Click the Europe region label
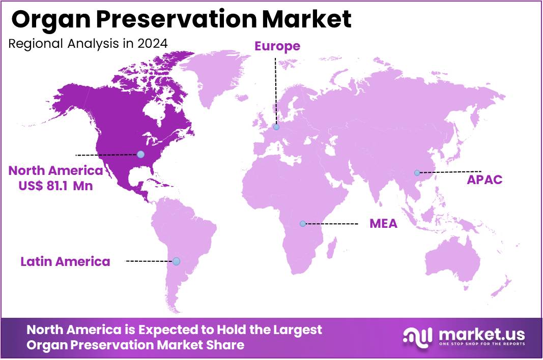pos(277,46)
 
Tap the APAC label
pos(485,179)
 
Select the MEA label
pos(383,224)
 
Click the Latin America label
pos(65,261)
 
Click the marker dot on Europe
pos(276,127)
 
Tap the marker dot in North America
pos(140,154)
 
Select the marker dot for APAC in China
pos(417,173)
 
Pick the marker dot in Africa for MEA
pos(303,224)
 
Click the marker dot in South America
pos(176,261)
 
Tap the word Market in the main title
pos(307,19)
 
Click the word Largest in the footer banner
pos(294,329)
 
